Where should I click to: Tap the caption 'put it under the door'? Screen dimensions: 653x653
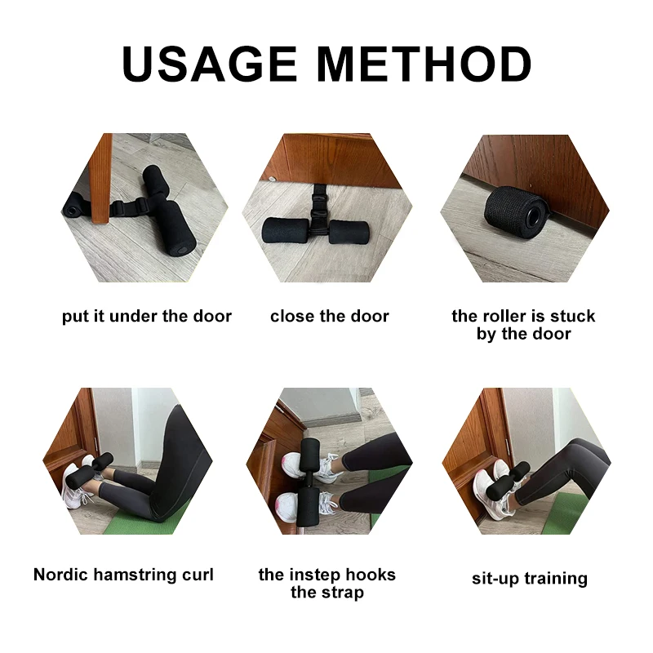pyautogui.click(x=147, y=316)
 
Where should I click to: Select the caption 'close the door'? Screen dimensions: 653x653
pyautogui.click(x=330, y=316)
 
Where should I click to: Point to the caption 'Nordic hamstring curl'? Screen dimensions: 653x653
pyautogui.click(x=123, y=575)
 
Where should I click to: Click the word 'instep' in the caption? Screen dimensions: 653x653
pyautogui.click(x=326, y=575)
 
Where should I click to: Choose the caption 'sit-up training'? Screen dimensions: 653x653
pyautogui.click(x=529, y=579)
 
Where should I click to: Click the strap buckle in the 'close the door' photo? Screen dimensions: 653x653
pyautogui.click(x=319, y=198)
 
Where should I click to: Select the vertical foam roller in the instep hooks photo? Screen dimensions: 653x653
pyautogui.click(x=310, y=482)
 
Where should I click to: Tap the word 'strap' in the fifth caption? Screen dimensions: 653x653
pyautogui.click(x=342, y=593)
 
